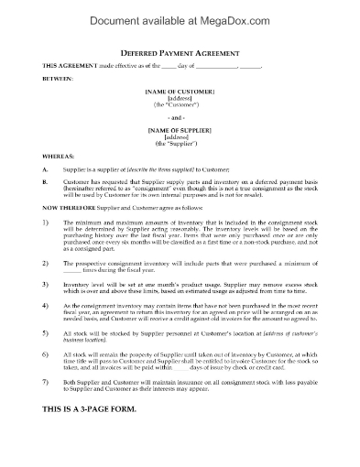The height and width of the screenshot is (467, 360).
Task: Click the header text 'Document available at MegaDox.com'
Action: [180, 16]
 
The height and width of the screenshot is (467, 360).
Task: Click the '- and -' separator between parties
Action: [180, 118]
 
